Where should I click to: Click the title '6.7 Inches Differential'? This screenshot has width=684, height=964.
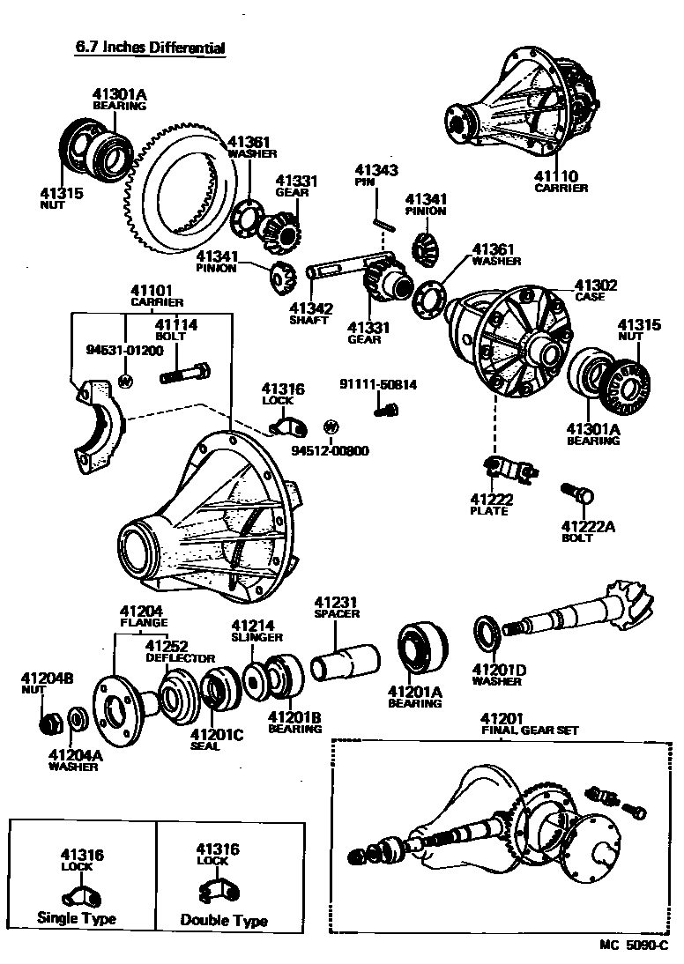150,48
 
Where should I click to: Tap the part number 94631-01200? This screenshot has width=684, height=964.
124,350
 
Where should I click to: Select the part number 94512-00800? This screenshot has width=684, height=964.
331,451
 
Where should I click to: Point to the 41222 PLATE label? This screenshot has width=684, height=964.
491,504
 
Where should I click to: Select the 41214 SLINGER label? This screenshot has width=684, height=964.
256,631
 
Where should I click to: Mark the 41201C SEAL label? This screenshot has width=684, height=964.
215,739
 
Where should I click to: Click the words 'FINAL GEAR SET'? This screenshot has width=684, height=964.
526,730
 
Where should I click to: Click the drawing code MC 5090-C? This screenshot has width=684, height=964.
634,945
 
